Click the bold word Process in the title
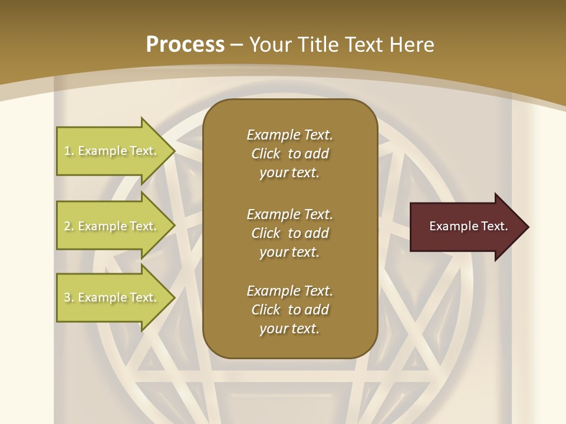[x=185, y=45]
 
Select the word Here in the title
[x=412, y=45]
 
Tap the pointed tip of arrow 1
[x=173, y=151]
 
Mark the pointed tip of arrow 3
[x=173, y=297]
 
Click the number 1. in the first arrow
[x=68, y=151]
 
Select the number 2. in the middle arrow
[x=68, y=226]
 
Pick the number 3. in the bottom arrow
[x=68, y=297]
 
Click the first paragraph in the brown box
[x=289, y=154]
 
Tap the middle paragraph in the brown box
[x=289, y=233]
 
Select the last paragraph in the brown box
[x=289, y=310]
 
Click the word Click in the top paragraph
[x=266, y=154]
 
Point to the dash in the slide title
[x=237, y=45]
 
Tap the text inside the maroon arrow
[x=468, y=226]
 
